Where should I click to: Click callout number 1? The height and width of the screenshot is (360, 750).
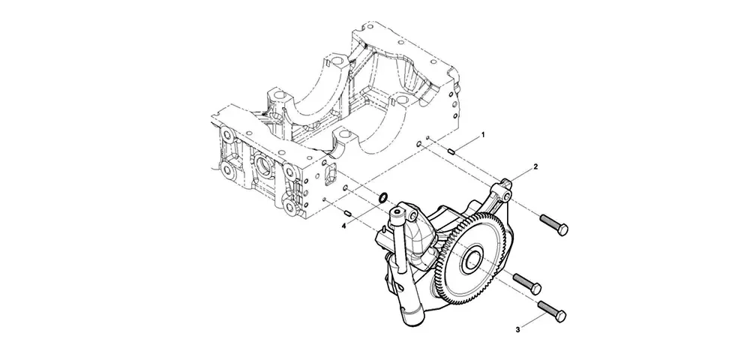pyautogui.click(x=482, y=135)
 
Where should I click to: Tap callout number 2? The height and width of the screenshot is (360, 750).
pyautogui.click(x=535, y=166)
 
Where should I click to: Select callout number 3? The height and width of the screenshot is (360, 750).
pyautogui.click(x=517, y=329)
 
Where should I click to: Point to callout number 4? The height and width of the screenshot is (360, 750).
pyautogui.click(x=343, y=226)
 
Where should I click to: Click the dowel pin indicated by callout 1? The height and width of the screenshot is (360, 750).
pyautogui.click(x=451, y=152)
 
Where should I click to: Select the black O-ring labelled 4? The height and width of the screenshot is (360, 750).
pyautogui.click(x=383, y=196)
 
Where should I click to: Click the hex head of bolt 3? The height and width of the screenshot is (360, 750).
pyautogui.click(x=559, y=316)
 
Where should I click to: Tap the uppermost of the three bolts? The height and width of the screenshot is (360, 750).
pyautogui.click(x=554, y=224)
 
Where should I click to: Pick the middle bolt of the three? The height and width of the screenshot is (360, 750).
pyautogui.click(x=527, y=283)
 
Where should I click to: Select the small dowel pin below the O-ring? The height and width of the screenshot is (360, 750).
pyautogui.click(x=348, y=211)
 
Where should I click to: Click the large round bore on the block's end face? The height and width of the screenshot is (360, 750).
pyautogui.click(x=263, y=165)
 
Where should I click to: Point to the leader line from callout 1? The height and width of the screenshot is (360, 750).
pyautogui.click(x=467, y=145)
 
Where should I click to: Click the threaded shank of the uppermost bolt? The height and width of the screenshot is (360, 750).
pyautogui.click(x=548, y=221)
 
